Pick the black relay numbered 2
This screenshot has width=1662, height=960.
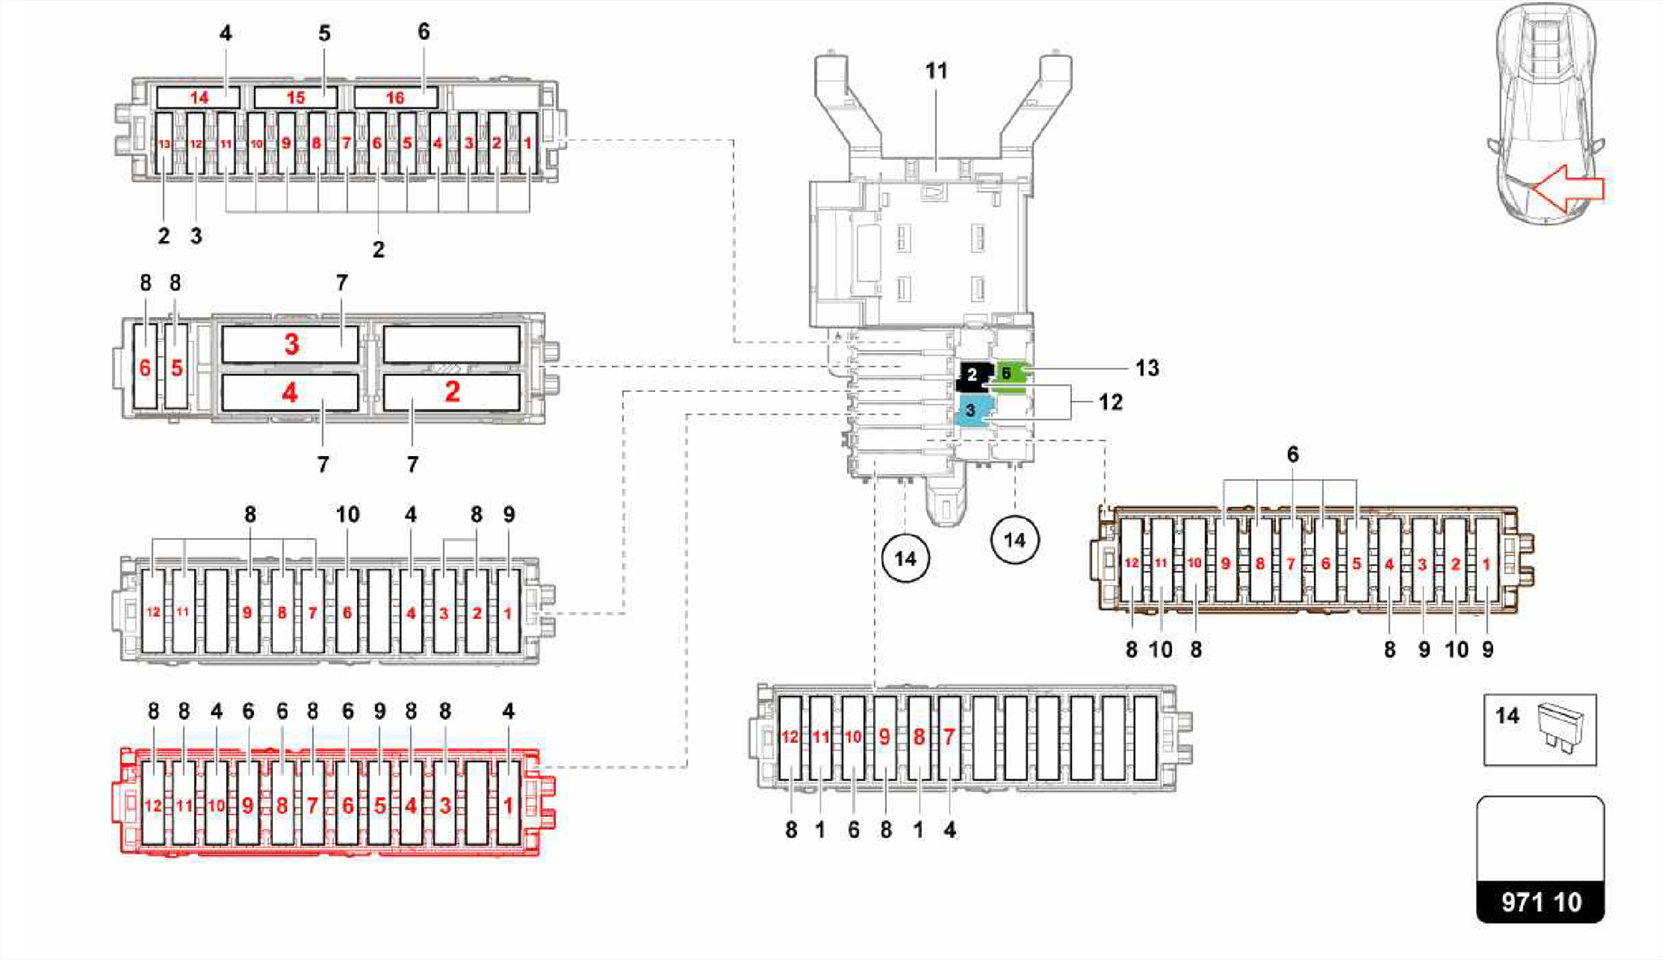coord(974,375)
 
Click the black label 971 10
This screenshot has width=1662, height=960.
coord(1540,902)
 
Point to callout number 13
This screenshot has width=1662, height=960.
coord(1147,368)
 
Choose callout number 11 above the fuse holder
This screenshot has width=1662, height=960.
coord(936,71)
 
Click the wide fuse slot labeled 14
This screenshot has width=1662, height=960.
coord(198,97)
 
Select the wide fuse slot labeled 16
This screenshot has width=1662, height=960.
coord(395,97)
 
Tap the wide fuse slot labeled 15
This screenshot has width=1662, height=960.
coord(295,97)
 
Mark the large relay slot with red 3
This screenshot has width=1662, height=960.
coord(291,345)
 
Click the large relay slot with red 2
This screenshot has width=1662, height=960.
coord(451,392)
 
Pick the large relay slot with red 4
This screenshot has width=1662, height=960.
coord(291,393)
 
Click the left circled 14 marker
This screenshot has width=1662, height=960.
coord(905,558)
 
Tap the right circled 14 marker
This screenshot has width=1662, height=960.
coord(1014,540)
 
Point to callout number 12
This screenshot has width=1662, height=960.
coord(1110,403)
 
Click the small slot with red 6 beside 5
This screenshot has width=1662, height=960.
coord(145,367)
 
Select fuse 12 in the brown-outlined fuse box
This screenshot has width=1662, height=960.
coord(1131,562)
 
